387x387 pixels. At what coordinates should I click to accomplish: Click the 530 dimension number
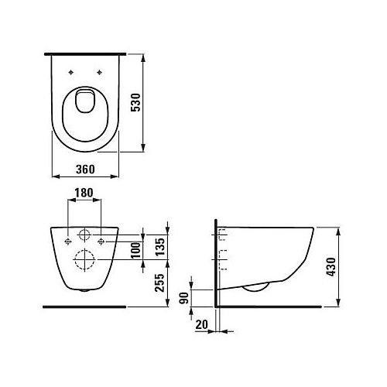click(x=157, y=102)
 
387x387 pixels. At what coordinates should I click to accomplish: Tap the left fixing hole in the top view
click(x=71, y=74)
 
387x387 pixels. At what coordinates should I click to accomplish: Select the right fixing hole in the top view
click(x=100, y=74)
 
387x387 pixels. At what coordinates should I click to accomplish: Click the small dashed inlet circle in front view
click(x=85, y=235)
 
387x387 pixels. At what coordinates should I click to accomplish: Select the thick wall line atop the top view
click(x=85, y=54)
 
